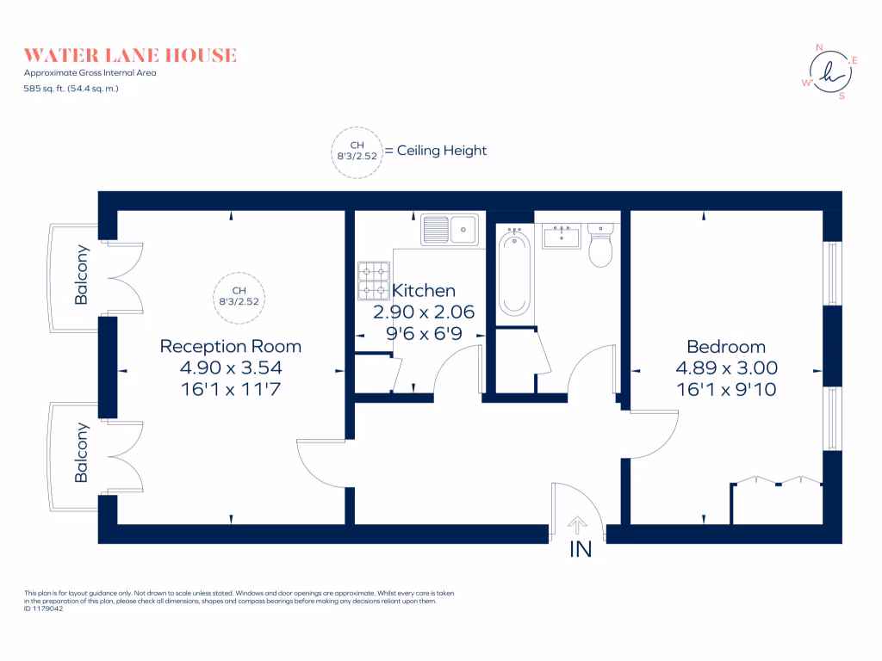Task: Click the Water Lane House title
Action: (130, 55)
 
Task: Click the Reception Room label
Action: (231, 347)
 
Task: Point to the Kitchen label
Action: (423, 291)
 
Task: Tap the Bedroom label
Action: (725, 347)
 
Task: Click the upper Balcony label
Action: (82, 275)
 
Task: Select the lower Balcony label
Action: (82, 452)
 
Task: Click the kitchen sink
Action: (450, 229)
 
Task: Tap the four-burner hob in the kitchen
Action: (374, 281)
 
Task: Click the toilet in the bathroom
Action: (599, 245)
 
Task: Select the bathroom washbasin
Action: (562, 236)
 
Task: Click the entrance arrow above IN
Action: (578, 522)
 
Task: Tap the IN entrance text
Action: (581, 549)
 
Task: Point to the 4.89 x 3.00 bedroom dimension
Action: (725, 368)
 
